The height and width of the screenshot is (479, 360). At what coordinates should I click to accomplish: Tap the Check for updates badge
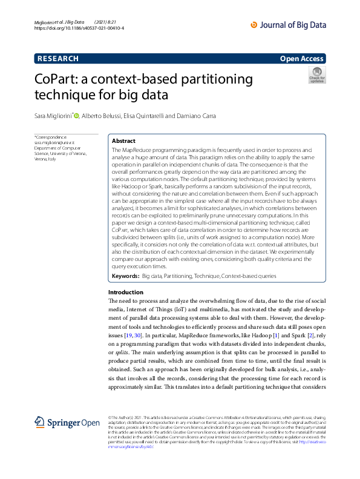(x=317, y=76)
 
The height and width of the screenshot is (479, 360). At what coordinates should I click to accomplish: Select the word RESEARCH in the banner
(x=58, y=59)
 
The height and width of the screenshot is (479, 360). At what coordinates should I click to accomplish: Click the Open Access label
(x=301, y=59)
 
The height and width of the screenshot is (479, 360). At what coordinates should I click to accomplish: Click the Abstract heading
(x=124, y=140)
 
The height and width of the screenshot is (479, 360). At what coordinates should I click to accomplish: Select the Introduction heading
(x=126, y=292)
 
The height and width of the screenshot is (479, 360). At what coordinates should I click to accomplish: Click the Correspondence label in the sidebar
(x=51, y=137)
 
